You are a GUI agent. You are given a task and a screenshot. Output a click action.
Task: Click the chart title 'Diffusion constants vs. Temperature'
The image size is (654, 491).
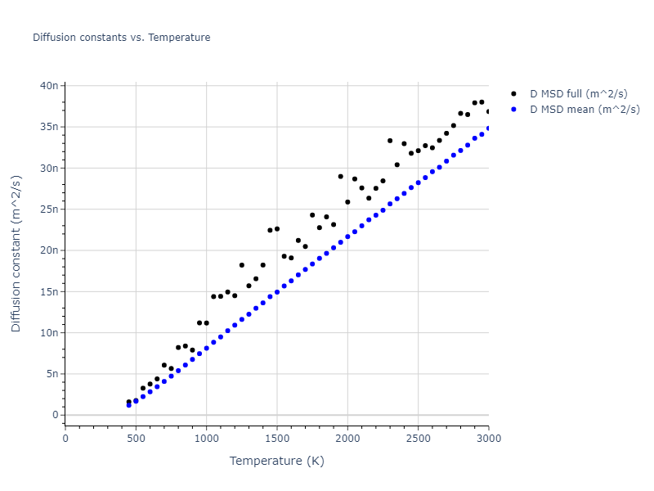(121, 38)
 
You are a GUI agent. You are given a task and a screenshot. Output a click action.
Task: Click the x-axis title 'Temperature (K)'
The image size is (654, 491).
(276, 461)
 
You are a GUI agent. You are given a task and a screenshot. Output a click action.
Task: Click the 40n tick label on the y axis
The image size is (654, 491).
(49, 85)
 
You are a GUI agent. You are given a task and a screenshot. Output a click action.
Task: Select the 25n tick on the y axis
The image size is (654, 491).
(49, 209)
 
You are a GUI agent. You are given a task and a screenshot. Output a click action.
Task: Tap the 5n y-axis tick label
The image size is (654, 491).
(52, 374)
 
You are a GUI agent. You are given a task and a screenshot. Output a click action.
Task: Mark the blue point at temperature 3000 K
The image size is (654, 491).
(489, 128)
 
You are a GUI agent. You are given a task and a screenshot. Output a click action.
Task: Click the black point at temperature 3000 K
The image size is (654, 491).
(489, 111)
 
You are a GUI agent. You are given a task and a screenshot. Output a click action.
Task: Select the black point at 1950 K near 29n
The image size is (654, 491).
(341, 177)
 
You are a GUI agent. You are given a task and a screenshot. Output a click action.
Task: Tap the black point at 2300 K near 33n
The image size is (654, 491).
(390, 141)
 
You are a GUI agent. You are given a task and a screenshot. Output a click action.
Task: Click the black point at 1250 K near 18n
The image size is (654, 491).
(242, 265)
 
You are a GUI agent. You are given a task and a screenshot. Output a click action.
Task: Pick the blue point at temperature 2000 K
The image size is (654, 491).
(347, 236)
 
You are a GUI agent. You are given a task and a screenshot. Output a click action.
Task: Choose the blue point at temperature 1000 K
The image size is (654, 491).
(206, 349)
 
